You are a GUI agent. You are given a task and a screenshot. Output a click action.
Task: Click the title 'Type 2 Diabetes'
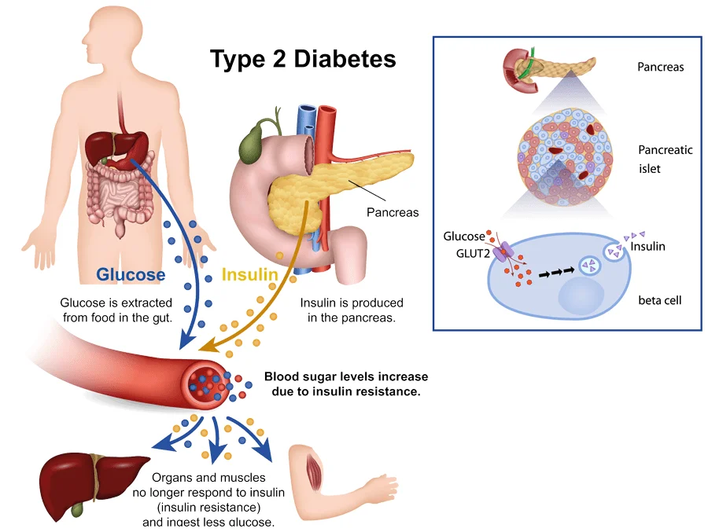[x=303, y=60]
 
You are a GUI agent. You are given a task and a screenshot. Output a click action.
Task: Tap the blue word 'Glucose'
[x=131, y=274]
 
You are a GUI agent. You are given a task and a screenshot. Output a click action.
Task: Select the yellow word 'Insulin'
[x=250, y=275]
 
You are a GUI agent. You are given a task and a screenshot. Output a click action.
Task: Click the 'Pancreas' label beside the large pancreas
[x=393, y=212]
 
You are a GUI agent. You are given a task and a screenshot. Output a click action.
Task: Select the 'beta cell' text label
[x=659, y=300]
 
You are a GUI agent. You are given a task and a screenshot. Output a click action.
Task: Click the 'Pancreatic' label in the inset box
[x=666, y=149]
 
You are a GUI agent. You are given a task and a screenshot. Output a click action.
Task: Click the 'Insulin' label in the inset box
[x=648, y=246]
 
